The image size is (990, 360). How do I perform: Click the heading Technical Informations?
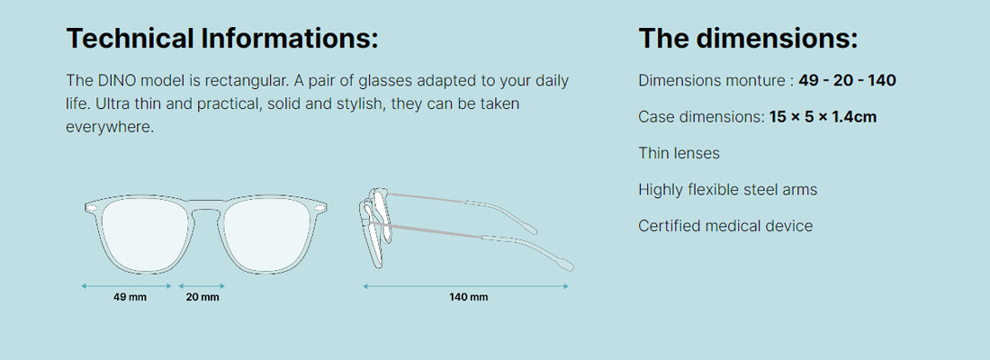[x=222, y=39]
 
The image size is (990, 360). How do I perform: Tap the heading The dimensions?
[x=748, y=39]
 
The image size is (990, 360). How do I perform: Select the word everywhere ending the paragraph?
[x=108, y=126]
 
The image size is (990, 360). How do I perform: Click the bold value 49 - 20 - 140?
[x=847, y=81]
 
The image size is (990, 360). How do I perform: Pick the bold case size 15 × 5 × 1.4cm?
[x=823, y=117]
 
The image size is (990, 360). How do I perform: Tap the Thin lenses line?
[x=679, y=153]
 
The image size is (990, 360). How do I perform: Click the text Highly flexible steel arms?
[x=727, y=190]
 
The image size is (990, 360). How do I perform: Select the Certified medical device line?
[x=725, y=226]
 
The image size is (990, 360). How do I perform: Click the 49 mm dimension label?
[x=130, y=297]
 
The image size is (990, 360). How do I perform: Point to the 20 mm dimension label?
[x=202, y=297]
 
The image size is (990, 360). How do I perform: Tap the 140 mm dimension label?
[x=469, y=297]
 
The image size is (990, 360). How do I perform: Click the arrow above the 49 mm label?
[x=126, y=286]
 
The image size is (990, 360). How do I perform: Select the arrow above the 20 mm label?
[x=202, y=286]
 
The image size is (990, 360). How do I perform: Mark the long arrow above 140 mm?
[x=466, y=286]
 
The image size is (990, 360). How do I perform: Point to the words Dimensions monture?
[x=711, y=81]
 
